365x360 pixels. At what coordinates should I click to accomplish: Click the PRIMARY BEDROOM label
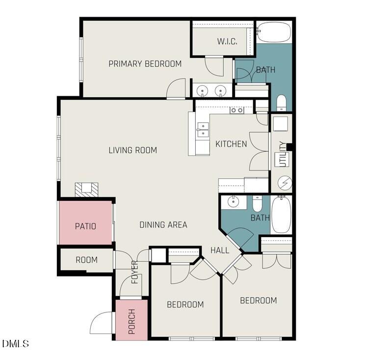[x=145, y=64]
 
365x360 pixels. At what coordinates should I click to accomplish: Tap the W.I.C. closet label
[x=227, y=41]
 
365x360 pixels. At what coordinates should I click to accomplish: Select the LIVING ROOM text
[x=132, y=150]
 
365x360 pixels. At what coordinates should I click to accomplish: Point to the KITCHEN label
[x=231, y=144]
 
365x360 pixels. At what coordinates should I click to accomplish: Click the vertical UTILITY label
[x=282, y=154]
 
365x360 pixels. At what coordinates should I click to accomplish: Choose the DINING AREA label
[x=163, y=225]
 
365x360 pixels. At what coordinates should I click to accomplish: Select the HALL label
[x=220, y=250]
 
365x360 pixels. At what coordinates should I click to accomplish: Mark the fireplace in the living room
[x=86, y=189]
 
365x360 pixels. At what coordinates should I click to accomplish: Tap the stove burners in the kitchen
[x=237, y=111]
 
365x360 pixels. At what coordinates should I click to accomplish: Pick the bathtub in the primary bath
[x=274, y=33]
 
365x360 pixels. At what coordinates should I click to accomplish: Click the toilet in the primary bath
[x=281, y=102]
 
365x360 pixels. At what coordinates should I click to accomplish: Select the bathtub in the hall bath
[x=281, y=215]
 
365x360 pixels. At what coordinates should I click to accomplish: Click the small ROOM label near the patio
[x=86, y=260]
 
